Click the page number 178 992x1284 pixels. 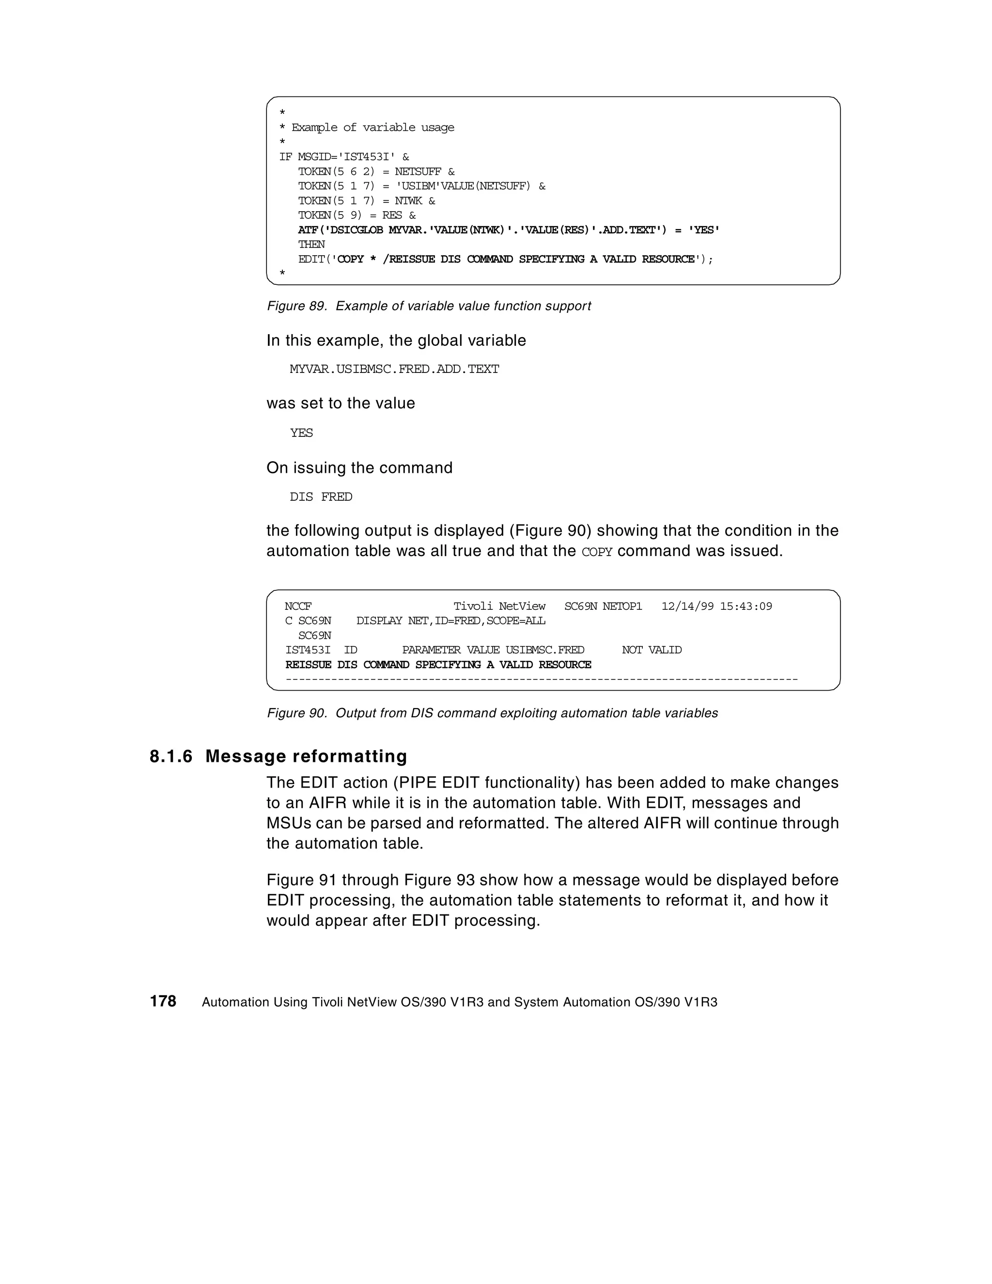tap(163, 1001)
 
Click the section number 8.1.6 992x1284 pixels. tap(170, 756)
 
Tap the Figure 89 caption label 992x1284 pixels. tap(296, 306)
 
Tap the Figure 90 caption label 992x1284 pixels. tap(296, 713)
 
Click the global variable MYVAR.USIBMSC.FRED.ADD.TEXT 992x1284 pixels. tap(394, 369)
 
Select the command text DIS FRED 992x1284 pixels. tap(321, 497)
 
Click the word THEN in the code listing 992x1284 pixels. tap(311, 245)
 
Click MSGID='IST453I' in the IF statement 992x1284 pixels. tap(346, 157)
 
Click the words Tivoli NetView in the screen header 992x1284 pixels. tap(499, 606)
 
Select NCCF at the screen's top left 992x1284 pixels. tap(297, 606)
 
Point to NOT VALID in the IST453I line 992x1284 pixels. tap(651, 650)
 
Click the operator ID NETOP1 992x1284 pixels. tap(622, 606)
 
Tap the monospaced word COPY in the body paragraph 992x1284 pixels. tap(596, 552)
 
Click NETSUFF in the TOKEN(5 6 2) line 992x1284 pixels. tap(418, 171)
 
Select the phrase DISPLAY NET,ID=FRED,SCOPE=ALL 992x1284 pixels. tap(450, 621)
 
